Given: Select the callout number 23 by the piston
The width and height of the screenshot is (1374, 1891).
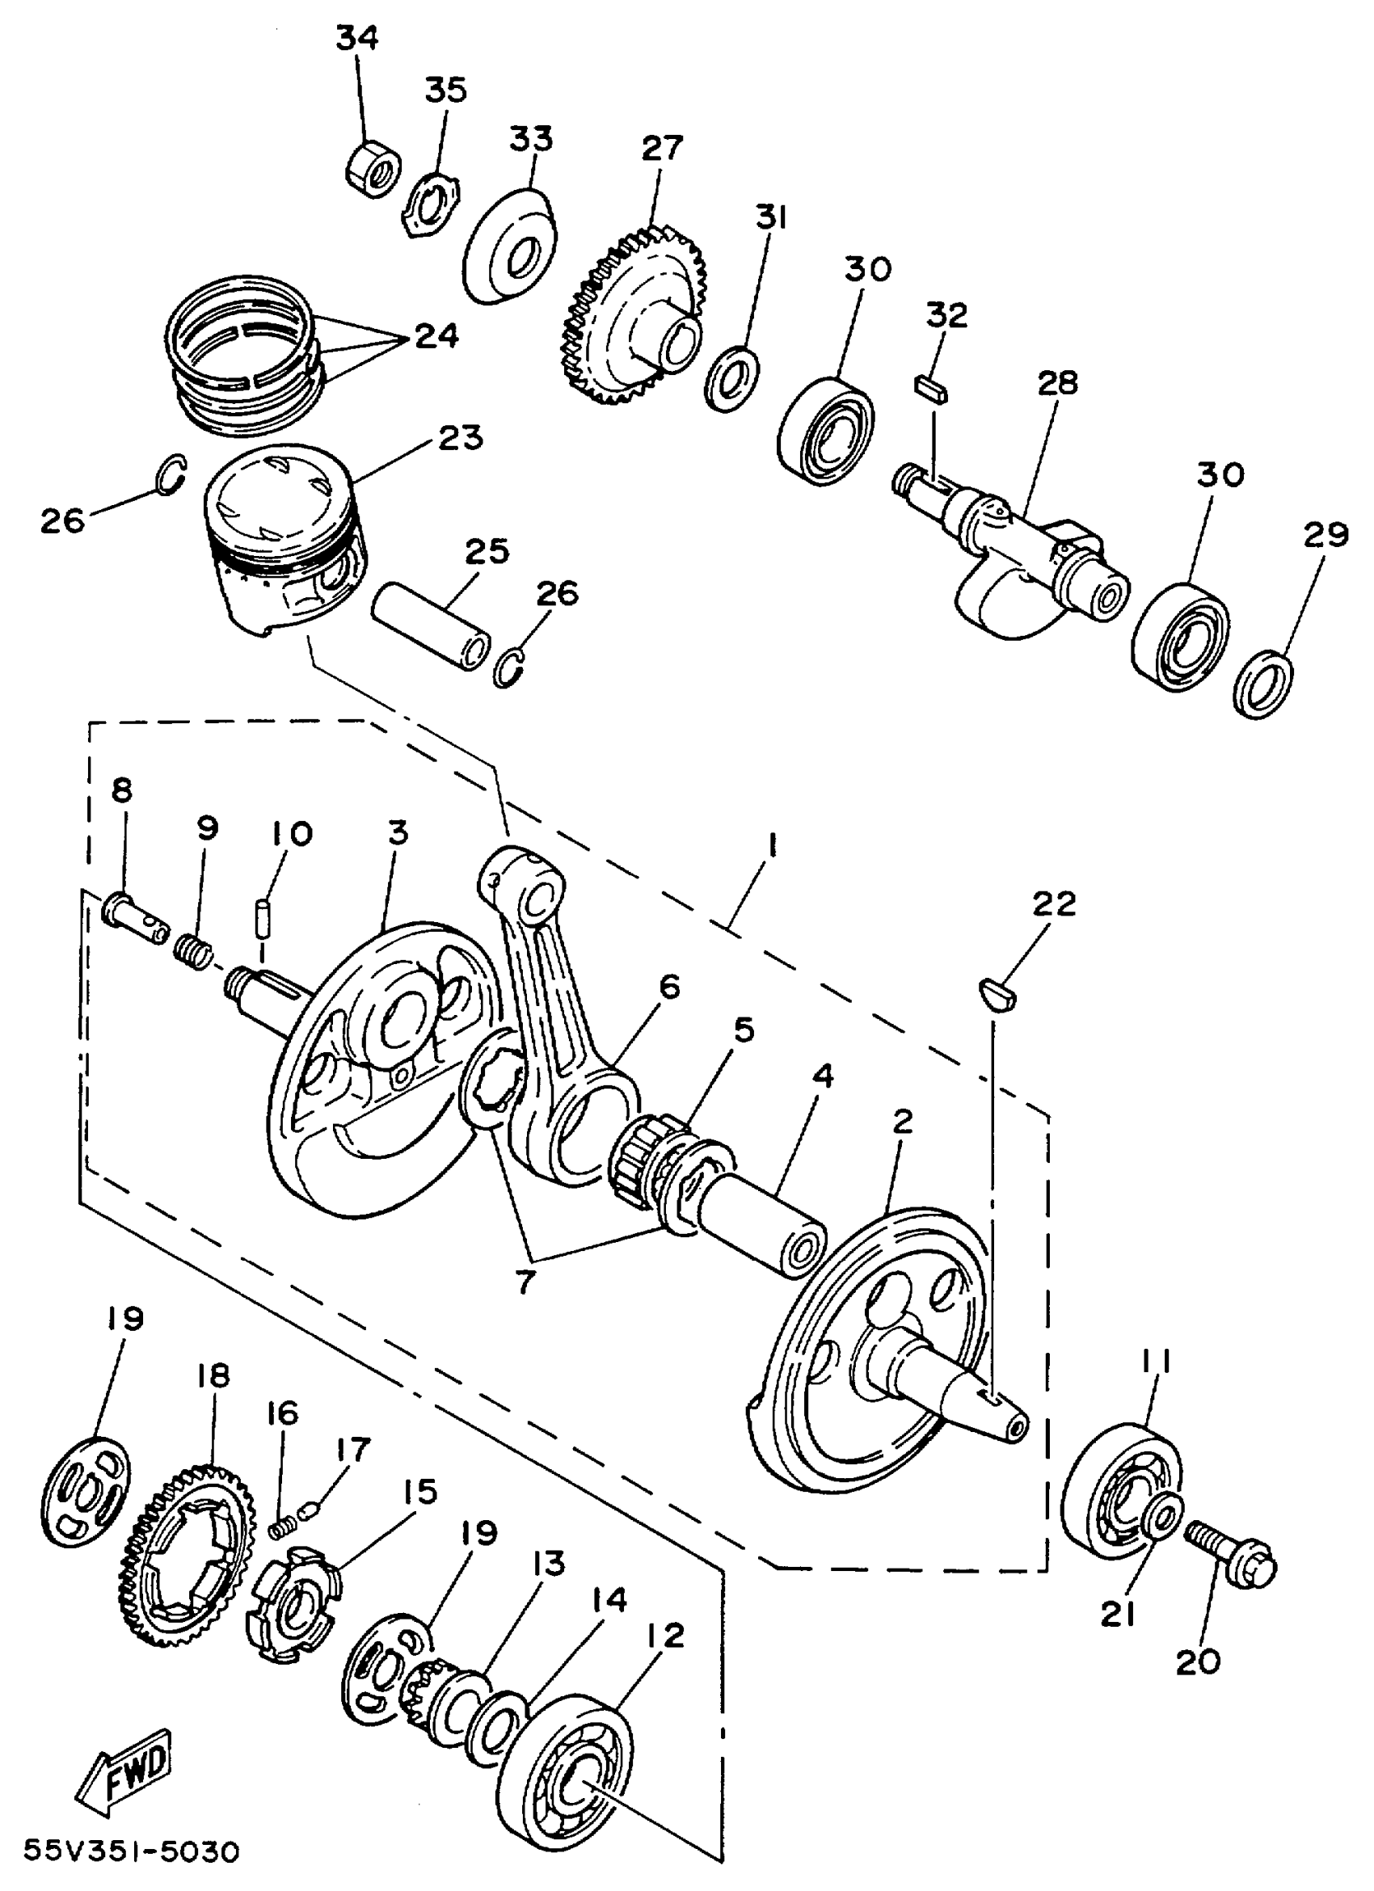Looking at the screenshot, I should (x=462, y=437).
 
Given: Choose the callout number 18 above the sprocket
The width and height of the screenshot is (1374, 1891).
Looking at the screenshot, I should (x=213, y=1375).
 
